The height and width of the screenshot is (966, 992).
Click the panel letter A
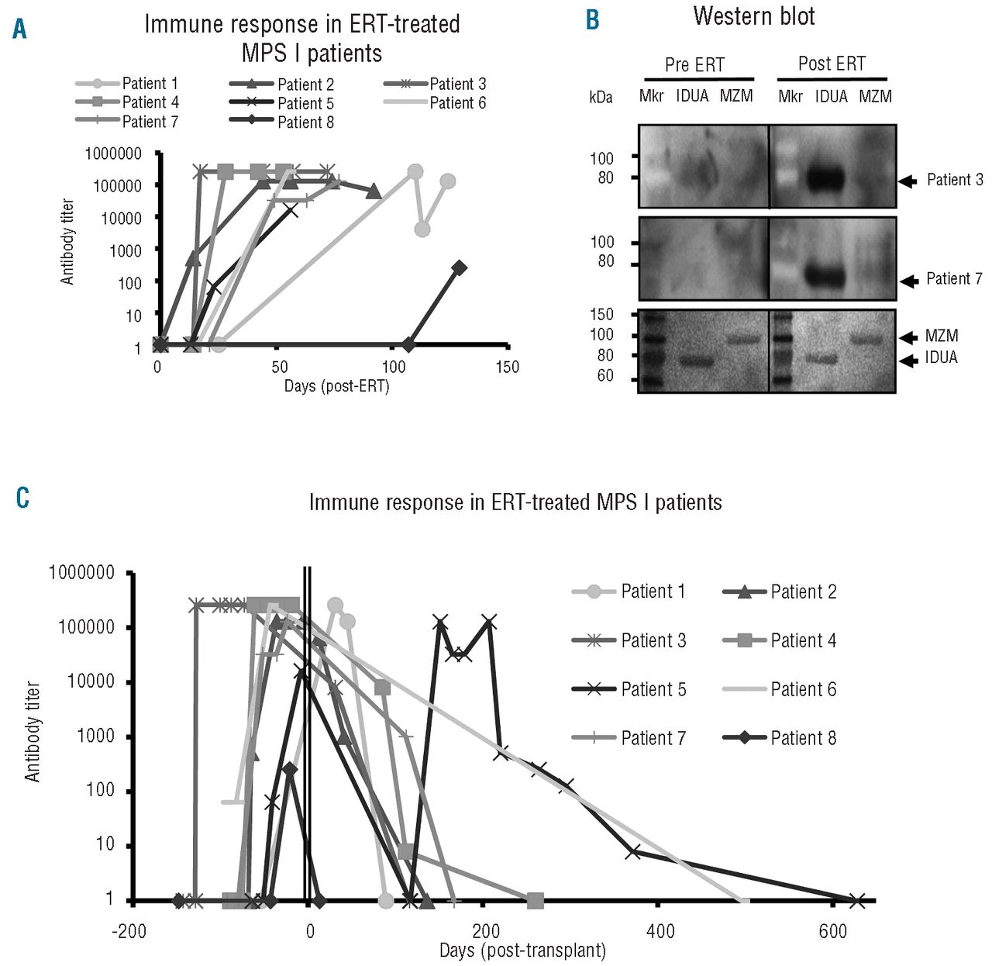click(x=20, y=30)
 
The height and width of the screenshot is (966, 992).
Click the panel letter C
click(x=22, y=497)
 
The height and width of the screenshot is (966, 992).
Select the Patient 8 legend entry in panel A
click(x=282, y=122)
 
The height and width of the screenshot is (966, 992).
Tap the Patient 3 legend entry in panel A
click(x=435, y=84)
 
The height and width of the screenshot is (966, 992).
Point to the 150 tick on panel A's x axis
click(x=507, y=367)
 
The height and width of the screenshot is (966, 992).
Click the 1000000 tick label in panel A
click(x=113, y=154)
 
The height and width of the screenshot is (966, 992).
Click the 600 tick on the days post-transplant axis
click(x=833, y=931)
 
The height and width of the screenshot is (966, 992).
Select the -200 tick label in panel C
click(x=129, y=931)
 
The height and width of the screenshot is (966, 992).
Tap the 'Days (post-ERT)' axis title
click(x=336, y=385)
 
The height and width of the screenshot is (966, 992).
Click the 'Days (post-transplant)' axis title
click(x=522, y=950)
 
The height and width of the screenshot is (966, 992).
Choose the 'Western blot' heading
click(x=753, y=16)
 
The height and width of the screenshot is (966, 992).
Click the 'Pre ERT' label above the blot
click(x=694, y=65)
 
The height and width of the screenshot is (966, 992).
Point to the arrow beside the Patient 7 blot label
click(x=908, y=281)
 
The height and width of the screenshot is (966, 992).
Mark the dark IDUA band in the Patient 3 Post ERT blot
click(x=832, y=181)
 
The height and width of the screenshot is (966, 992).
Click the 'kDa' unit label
click(x=601, y=97)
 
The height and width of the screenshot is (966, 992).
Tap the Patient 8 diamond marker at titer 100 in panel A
click(x=459, y=267)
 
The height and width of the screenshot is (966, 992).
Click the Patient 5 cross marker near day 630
click(x=856, y=900)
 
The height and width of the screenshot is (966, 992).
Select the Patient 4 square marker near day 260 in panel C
click(x=535, y=900)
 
